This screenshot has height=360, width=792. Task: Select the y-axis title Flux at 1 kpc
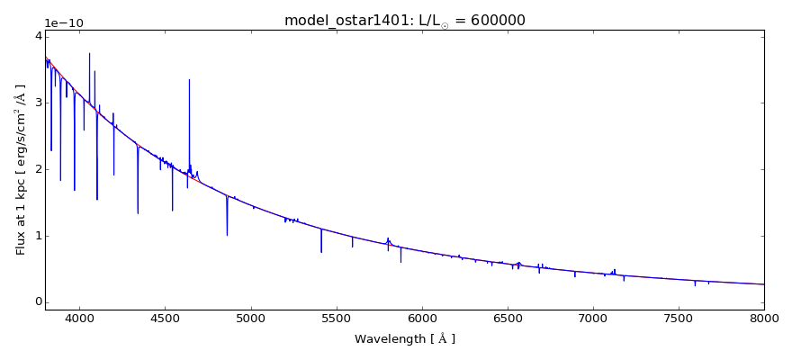[21, 169]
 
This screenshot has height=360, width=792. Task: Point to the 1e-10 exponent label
[64, 23]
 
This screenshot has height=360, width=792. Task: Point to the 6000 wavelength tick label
[421, 317]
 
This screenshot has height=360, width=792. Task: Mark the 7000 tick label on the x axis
[593, 317]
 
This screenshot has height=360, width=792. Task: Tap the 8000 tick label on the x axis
[764, 317]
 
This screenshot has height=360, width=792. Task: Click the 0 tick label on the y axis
[38, 302]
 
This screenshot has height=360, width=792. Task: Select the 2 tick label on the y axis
[38, 169]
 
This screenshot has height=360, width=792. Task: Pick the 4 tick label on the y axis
[38, 36]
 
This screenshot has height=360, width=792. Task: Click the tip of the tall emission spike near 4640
[189, 79]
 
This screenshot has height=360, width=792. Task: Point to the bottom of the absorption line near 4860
[227, 236]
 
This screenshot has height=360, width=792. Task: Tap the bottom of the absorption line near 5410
[321, 252]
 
